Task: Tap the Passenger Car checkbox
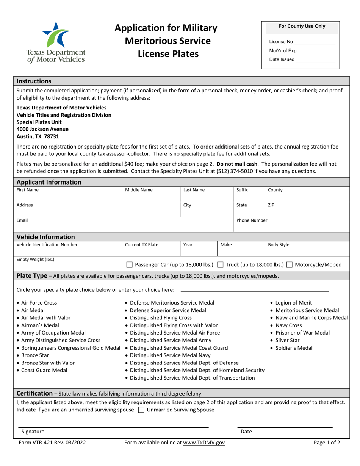tap(129, 264)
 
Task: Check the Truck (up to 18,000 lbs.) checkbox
tap(220, 264)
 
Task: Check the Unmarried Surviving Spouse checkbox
tap(141, 410)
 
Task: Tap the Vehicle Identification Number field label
tap(47, 245)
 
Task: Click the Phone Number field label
tap(252, 220)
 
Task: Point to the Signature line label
tap(33, 431)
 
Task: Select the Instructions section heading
tap(34, 81)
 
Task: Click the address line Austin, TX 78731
tap(38, 136)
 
